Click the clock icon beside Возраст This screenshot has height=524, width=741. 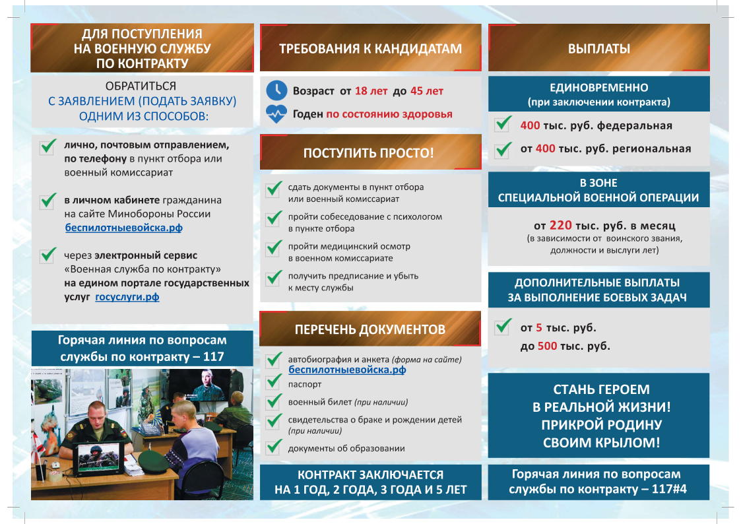click(276, 90)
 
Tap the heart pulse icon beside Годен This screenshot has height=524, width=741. click(276, 114)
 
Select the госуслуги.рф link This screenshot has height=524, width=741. click(127, 297)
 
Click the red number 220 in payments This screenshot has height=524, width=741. click(560, 226)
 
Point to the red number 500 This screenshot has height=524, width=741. click(548, 346)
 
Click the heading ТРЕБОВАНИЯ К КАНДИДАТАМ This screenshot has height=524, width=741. click(370, 49)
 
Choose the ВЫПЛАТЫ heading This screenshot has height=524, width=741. click(598, 49)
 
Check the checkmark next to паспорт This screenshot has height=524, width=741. click(274, 382)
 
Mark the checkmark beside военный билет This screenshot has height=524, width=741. click(274, 401)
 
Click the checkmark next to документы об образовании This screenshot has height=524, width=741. click(274, 447)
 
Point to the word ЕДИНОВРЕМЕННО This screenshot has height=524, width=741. click(598, 88)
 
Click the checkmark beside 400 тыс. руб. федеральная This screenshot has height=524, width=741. click(503, 123)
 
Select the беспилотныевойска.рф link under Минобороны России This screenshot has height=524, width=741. click(123, 228)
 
